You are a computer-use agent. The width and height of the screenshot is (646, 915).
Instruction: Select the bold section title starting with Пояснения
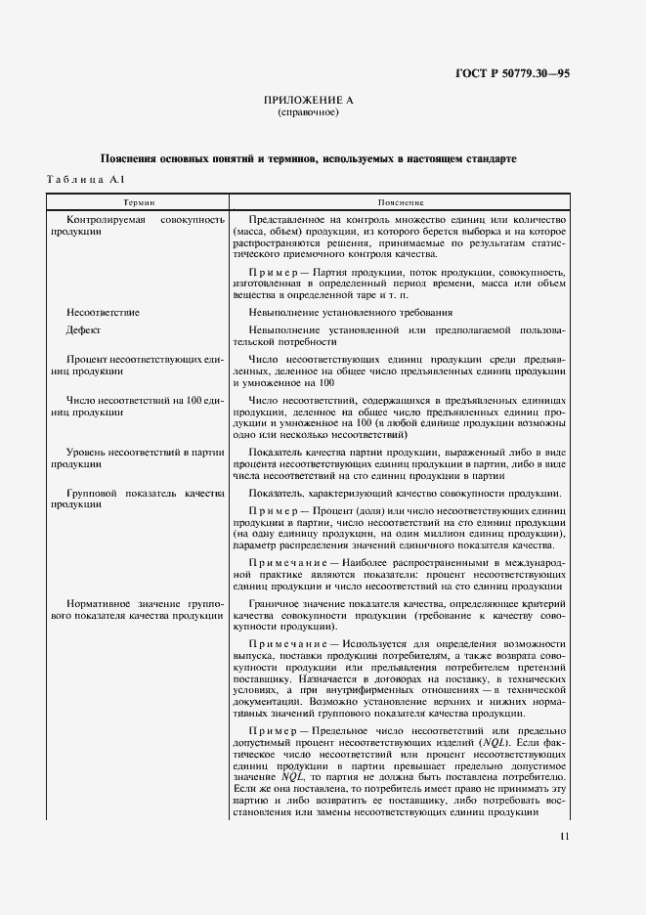point(308,158)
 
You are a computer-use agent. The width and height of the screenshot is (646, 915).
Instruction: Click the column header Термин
point(137,200)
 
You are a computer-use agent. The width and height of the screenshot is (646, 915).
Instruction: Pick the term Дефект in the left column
point(84,330)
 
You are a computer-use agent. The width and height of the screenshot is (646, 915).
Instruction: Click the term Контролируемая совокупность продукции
point(137,227)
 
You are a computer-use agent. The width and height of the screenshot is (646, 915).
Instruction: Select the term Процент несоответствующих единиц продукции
point(137,367)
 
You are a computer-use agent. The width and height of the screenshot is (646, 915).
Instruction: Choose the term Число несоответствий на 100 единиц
point(137,407)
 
